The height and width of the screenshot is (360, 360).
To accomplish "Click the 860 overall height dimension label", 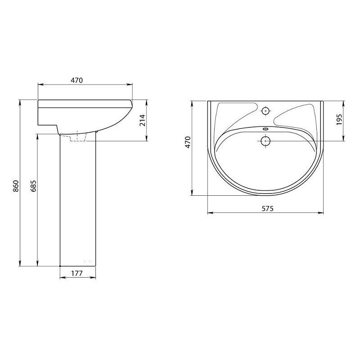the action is pyautogui.click(x=16, y=186).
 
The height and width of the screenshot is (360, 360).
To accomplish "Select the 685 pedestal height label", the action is pyautogui.click(x=33, y=186).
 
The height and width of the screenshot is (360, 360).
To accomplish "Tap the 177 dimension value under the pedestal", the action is pyautogui.click(x=76, y=274).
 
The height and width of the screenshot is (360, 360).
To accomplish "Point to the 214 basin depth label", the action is pyautogui.click(x=143, y=120).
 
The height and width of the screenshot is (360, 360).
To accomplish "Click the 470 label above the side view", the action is pyautogui.click(x=76, y=81).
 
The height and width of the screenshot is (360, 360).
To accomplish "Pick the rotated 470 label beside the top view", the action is pyautogui.click(x=188, y=142).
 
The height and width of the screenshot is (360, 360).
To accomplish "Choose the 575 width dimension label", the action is pyautogui.click(x=268, y=209).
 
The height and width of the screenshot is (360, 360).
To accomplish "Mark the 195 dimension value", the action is pyautogui.click(x=339, y=120).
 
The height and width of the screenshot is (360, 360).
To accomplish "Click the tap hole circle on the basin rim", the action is pyautogui.click(x=265, y=111).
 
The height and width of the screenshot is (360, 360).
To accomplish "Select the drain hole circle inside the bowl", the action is pyautogui.click(x=265, y=141).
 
